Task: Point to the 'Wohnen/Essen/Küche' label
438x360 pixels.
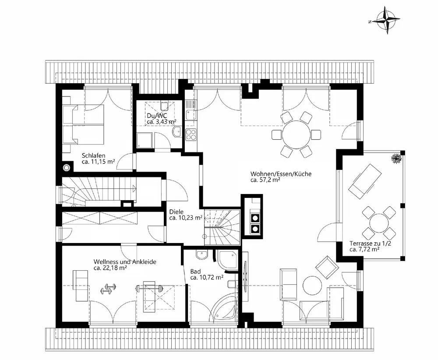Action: (281, 173)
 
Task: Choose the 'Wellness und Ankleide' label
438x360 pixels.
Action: (125, 261)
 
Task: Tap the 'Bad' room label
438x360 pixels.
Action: (195, 272)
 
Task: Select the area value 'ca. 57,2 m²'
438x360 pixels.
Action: (265, 180)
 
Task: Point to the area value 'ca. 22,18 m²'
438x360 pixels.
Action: (110, 268)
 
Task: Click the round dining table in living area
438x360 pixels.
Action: (296, 134)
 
